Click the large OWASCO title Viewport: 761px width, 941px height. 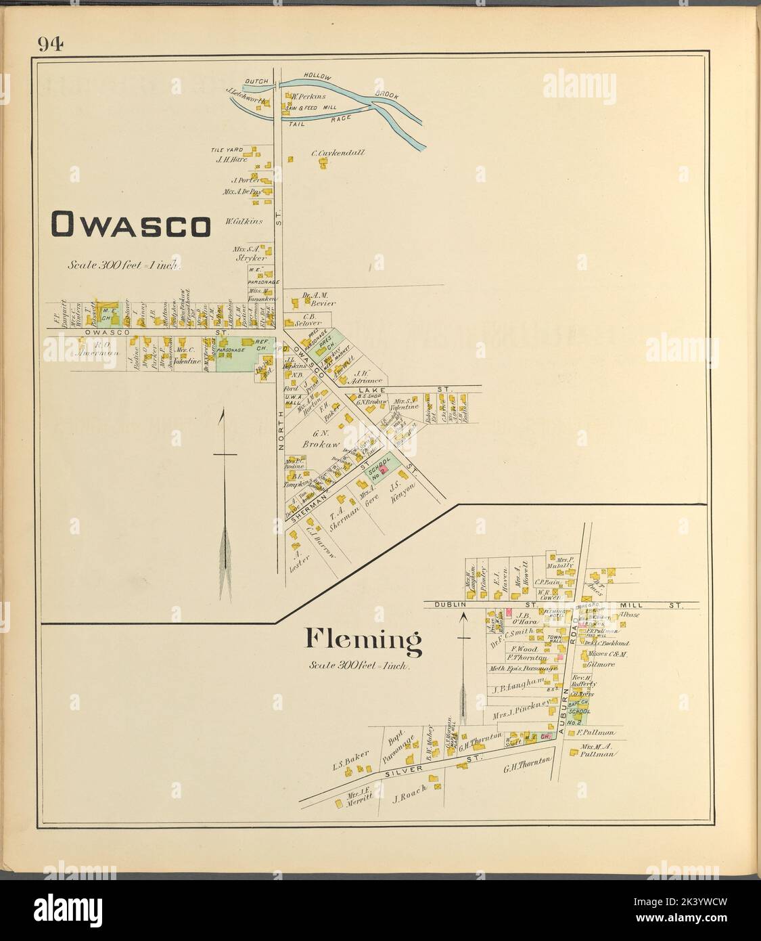131,226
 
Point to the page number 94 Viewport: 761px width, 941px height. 51,45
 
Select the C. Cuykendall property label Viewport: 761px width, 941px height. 338,153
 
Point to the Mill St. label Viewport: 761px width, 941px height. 649,604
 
